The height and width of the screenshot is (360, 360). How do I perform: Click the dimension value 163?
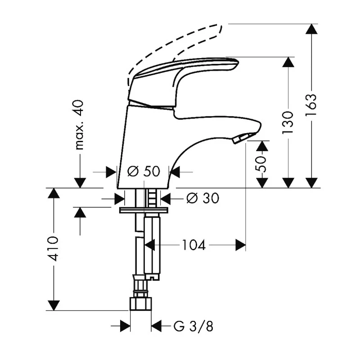tap(311, 105)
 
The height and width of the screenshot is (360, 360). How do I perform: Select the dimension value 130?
tap(288, 121)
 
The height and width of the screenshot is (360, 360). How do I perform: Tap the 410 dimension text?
tap(54, 248)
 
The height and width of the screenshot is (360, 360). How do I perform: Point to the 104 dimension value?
tap(193, 245)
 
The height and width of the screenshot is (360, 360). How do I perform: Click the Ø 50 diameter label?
tap(144, 171)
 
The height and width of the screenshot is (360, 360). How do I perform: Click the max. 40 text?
tap(80, 125)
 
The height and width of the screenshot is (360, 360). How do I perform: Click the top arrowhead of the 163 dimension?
tap(311, 29)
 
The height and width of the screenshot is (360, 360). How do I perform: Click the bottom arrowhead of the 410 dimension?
tap(54, 305)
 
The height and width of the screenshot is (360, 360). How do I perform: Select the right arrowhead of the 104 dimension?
tap(241, 245)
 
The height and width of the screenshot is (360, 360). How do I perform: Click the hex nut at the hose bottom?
tap(140, 303)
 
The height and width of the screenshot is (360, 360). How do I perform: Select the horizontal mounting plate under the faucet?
tap(144, 210)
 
